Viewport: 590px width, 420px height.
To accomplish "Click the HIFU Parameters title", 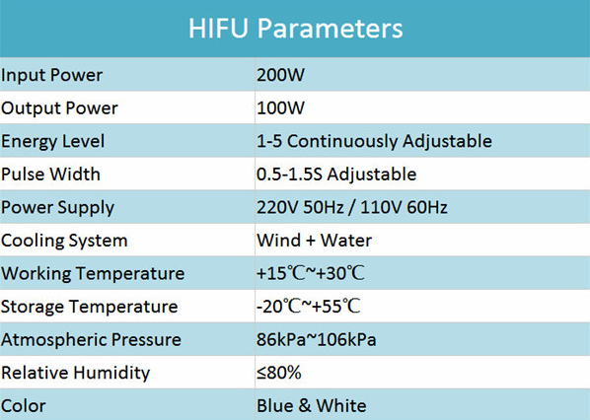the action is tap(295, 29).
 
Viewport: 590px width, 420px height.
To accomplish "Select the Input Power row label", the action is tap(51, 75).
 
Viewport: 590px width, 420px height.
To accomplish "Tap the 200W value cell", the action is tap(280, 75).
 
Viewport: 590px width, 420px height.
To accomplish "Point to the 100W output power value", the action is tap(280, 107).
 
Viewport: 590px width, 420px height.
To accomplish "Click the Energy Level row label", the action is tap(52, 142).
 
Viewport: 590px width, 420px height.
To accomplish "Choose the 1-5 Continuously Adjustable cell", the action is tap(374, 141).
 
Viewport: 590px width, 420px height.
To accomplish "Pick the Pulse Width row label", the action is tap(50, 175).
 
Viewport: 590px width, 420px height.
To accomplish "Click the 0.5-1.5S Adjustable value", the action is tap(336, 175).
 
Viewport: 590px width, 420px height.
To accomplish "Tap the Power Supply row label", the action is tap(57, 208).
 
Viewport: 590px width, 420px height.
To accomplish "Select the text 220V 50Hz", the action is tap(300, 207).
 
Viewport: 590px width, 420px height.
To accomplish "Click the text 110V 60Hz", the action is tap(405, 207).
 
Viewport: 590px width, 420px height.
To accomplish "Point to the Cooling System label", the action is tap(64, 241).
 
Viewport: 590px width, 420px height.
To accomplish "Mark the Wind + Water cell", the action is tap(314, 241).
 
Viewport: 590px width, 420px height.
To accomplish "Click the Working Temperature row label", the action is tap(93, 274).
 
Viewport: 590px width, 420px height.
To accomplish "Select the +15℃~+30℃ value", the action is tap(311, 273).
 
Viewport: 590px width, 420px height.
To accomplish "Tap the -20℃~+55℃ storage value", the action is tap(309, 307).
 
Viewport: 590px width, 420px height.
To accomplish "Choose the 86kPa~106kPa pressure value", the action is tap(317, 339).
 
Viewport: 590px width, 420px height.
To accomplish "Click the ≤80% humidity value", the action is tap(279, 373).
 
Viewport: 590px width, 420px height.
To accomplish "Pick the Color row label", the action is tap(24, 406).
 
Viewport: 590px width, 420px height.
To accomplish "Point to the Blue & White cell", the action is tap(312, 406).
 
